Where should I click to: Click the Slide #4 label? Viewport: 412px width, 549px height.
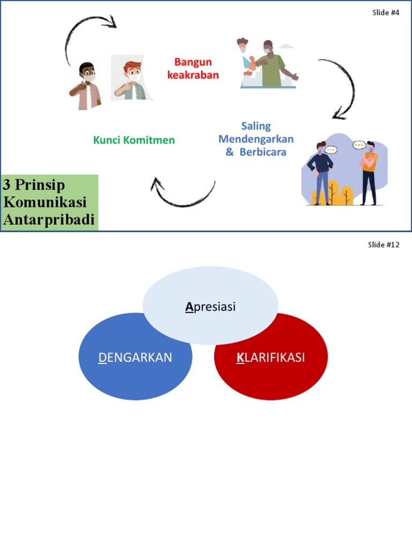pyautogui.click(x=386, y=13)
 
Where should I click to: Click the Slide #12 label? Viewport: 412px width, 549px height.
pyautogui.click(x=384, y=244)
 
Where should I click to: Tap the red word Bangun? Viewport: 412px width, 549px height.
pyautogui.click(x=193, y=62)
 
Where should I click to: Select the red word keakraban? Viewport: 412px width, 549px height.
pyautogui.click(x=193, y=75)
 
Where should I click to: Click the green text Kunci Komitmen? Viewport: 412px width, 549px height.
pyautogui.click(x=134, y=140)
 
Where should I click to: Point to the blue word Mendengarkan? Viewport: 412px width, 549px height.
pyautogui.click(x=256, y=139)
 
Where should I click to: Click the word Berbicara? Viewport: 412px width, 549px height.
pyautogui.click(x=263, y=152)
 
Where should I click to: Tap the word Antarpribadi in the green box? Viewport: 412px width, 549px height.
pyautogui.click(x=49, y=220)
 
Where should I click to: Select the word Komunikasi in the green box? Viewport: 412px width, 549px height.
pyautogui.click(x=45, y=202)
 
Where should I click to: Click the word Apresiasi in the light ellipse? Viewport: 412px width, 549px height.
pyautogui.click(x=210, y=307)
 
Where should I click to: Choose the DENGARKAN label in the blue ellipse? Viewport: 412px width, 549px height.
pyautogui.click(x=135, y=358)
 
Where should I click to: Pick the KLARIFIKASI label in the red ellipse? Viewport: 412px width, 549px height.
pyautogui.click(x=271, y=358)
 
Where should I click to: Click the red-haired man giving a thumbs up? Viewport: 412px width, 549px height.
pyautogui.click(x=131, y=80)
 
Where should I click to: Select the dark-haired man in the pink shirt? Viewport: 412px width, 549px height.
pyautogui.click(x=85, y=86)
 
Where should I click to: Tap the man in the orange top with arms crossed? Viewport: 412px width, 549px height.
pyautogui.click(x=368, y=173)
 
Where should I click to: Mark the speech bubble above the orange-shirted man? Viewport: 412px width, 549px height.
pyautogui.click(x=359, y=145)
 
